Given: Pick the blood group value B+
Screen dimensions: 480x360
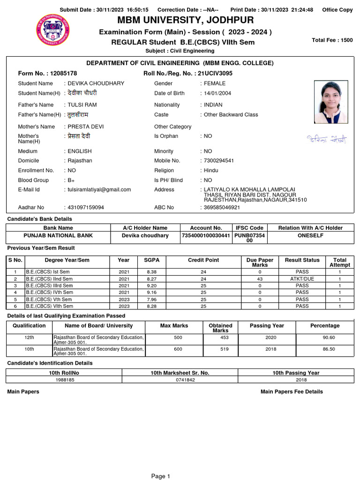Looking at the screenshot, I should pos(71,180).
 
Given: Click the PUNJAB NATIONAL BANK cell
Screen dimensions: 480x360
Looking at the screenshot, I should pos(58,235).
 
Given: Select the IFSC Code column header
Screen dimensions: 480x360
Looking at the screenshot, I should pos(249,228).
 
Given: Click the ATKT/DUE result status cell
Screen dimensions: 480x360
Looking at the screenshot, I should pos(302,279).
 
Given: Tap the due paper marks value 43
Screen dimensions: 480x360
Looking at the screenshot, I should pos(260,279).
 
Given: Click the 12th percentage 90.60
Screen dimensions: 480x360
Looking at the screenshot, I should pos(325,338).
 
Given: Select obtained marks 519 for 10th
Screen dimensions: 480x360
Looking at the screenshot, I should pos(220,349).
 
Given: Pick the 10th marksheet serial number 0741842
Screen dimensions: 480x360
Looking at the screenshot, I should pos(180,380).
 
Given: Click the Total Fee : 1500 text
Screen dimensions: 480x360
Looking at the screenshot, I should pos(332,40).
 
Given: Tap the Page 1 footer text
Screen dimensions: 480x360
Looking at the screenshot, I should pos(160,476).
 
